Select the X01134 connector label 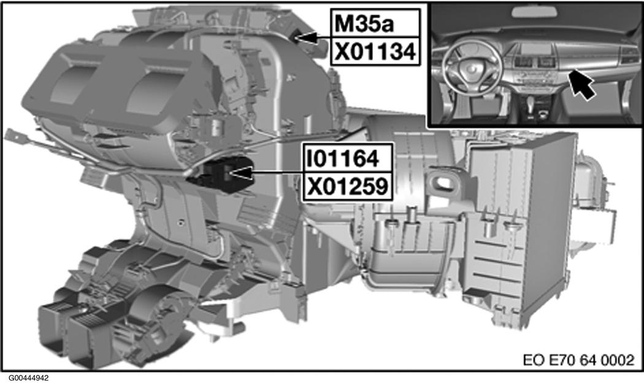click(375, 51)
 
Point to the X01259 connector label click(348, 187)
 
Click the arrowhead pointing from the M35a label click(307, 38)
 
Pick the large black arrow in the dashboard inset click(581, 84)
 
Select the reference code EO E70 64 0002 click(578, 360)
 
